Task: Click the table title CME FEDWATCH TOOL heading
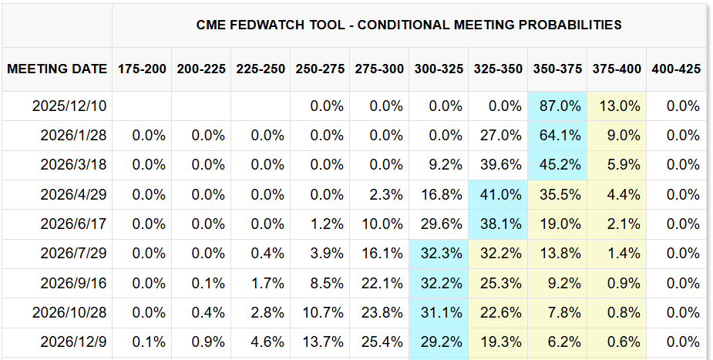click(x=409, y=25)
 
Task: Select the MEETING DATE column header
click(x=57, y=69)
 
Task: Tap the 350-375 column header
click(x=557, y=69)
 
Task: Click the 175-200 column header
click(x=142, y=69)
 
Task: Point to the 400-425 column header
click(x=676, y=69)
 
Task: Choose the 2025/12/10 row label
click(x=69, y=106)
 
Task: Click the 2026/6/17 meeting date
click(x=73, y=224)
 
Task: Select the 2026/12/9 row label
click(x=73, y=341)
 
